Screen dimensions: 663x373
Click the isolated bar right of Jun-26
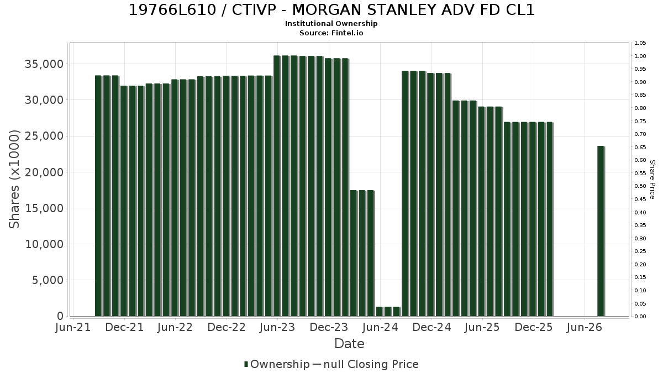[601, 231]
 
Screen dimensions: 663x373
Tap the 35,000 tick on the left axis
[44, 64]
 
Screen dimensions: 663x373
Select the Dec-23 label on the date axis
[329, 327]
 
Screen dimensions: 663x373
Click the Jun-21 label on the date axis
[73, 327]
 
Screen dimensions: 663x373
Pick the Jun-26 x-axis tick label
[585, 327]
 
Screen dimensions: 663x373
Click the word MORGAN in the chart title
[327, 10]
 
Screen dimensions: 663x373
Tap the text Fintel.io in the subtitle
[347, 33]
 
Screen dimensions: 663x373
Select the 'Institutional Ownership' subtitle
[331, 24]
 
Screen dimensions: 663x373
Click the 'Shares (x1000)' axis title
[14, 179]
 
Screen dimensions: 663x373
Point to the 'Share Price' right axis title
[653, 180]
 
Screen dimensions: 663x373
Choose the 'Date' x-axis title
[349, 344]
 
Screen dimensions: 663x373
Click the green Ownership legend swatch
[246, 364]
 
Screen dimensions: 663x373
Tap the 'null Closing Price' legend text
[371, 364]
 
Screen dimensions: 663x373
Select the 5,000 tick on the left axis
[48, 280]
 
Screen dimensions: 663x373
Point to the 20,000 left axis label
[44, 172]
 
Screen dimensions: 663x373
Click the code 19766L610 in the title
[172, 10]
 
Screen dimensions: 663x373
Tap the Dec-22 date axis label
[227, 327]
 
